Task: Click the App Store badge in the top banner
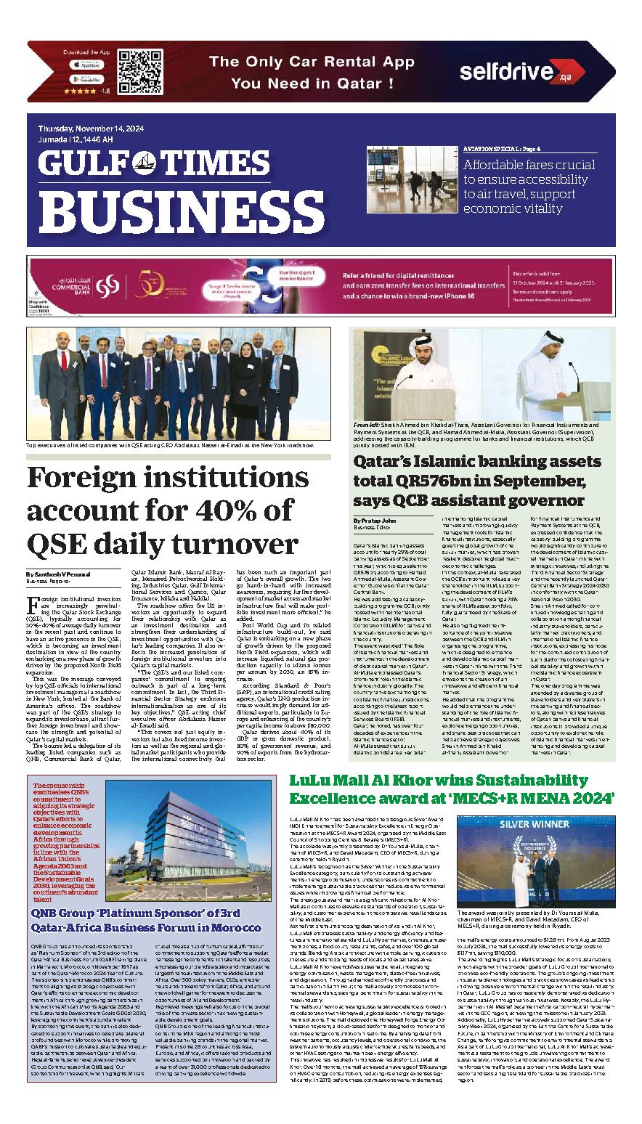(x=86, y=64)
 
